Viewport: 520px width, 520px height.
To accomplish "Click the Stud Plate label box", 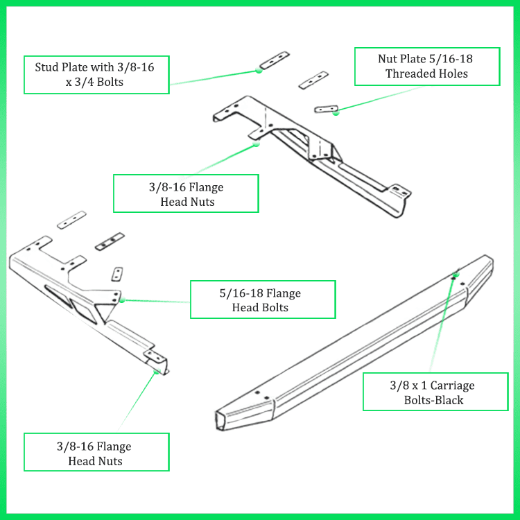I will [96, 74].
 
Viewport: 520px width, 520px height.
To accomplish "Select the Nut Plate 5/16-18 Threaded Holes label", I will [426, 67].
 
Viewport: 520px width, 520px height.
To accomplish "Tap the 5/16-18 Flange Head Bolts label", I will [262, 300].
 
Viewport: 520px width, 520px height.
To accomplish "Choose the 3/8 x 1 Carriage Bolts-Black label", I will [435, 392].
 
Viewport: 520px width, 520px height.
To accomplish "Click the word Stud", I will [48, 67].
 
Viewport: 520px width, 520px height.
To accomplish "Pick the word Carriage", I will [451, 385].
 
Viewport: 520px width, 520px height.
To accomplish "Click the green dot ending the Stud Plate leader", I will [258, 70].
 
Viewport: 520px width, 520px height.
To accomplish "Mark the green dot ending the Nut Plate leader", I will [336, 113].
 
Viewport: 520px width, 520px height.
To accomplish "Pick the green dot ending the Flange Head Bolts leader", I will [122, 300].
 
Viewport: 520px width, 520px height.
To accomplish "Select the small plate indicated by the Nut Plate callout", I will [326, 108].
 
